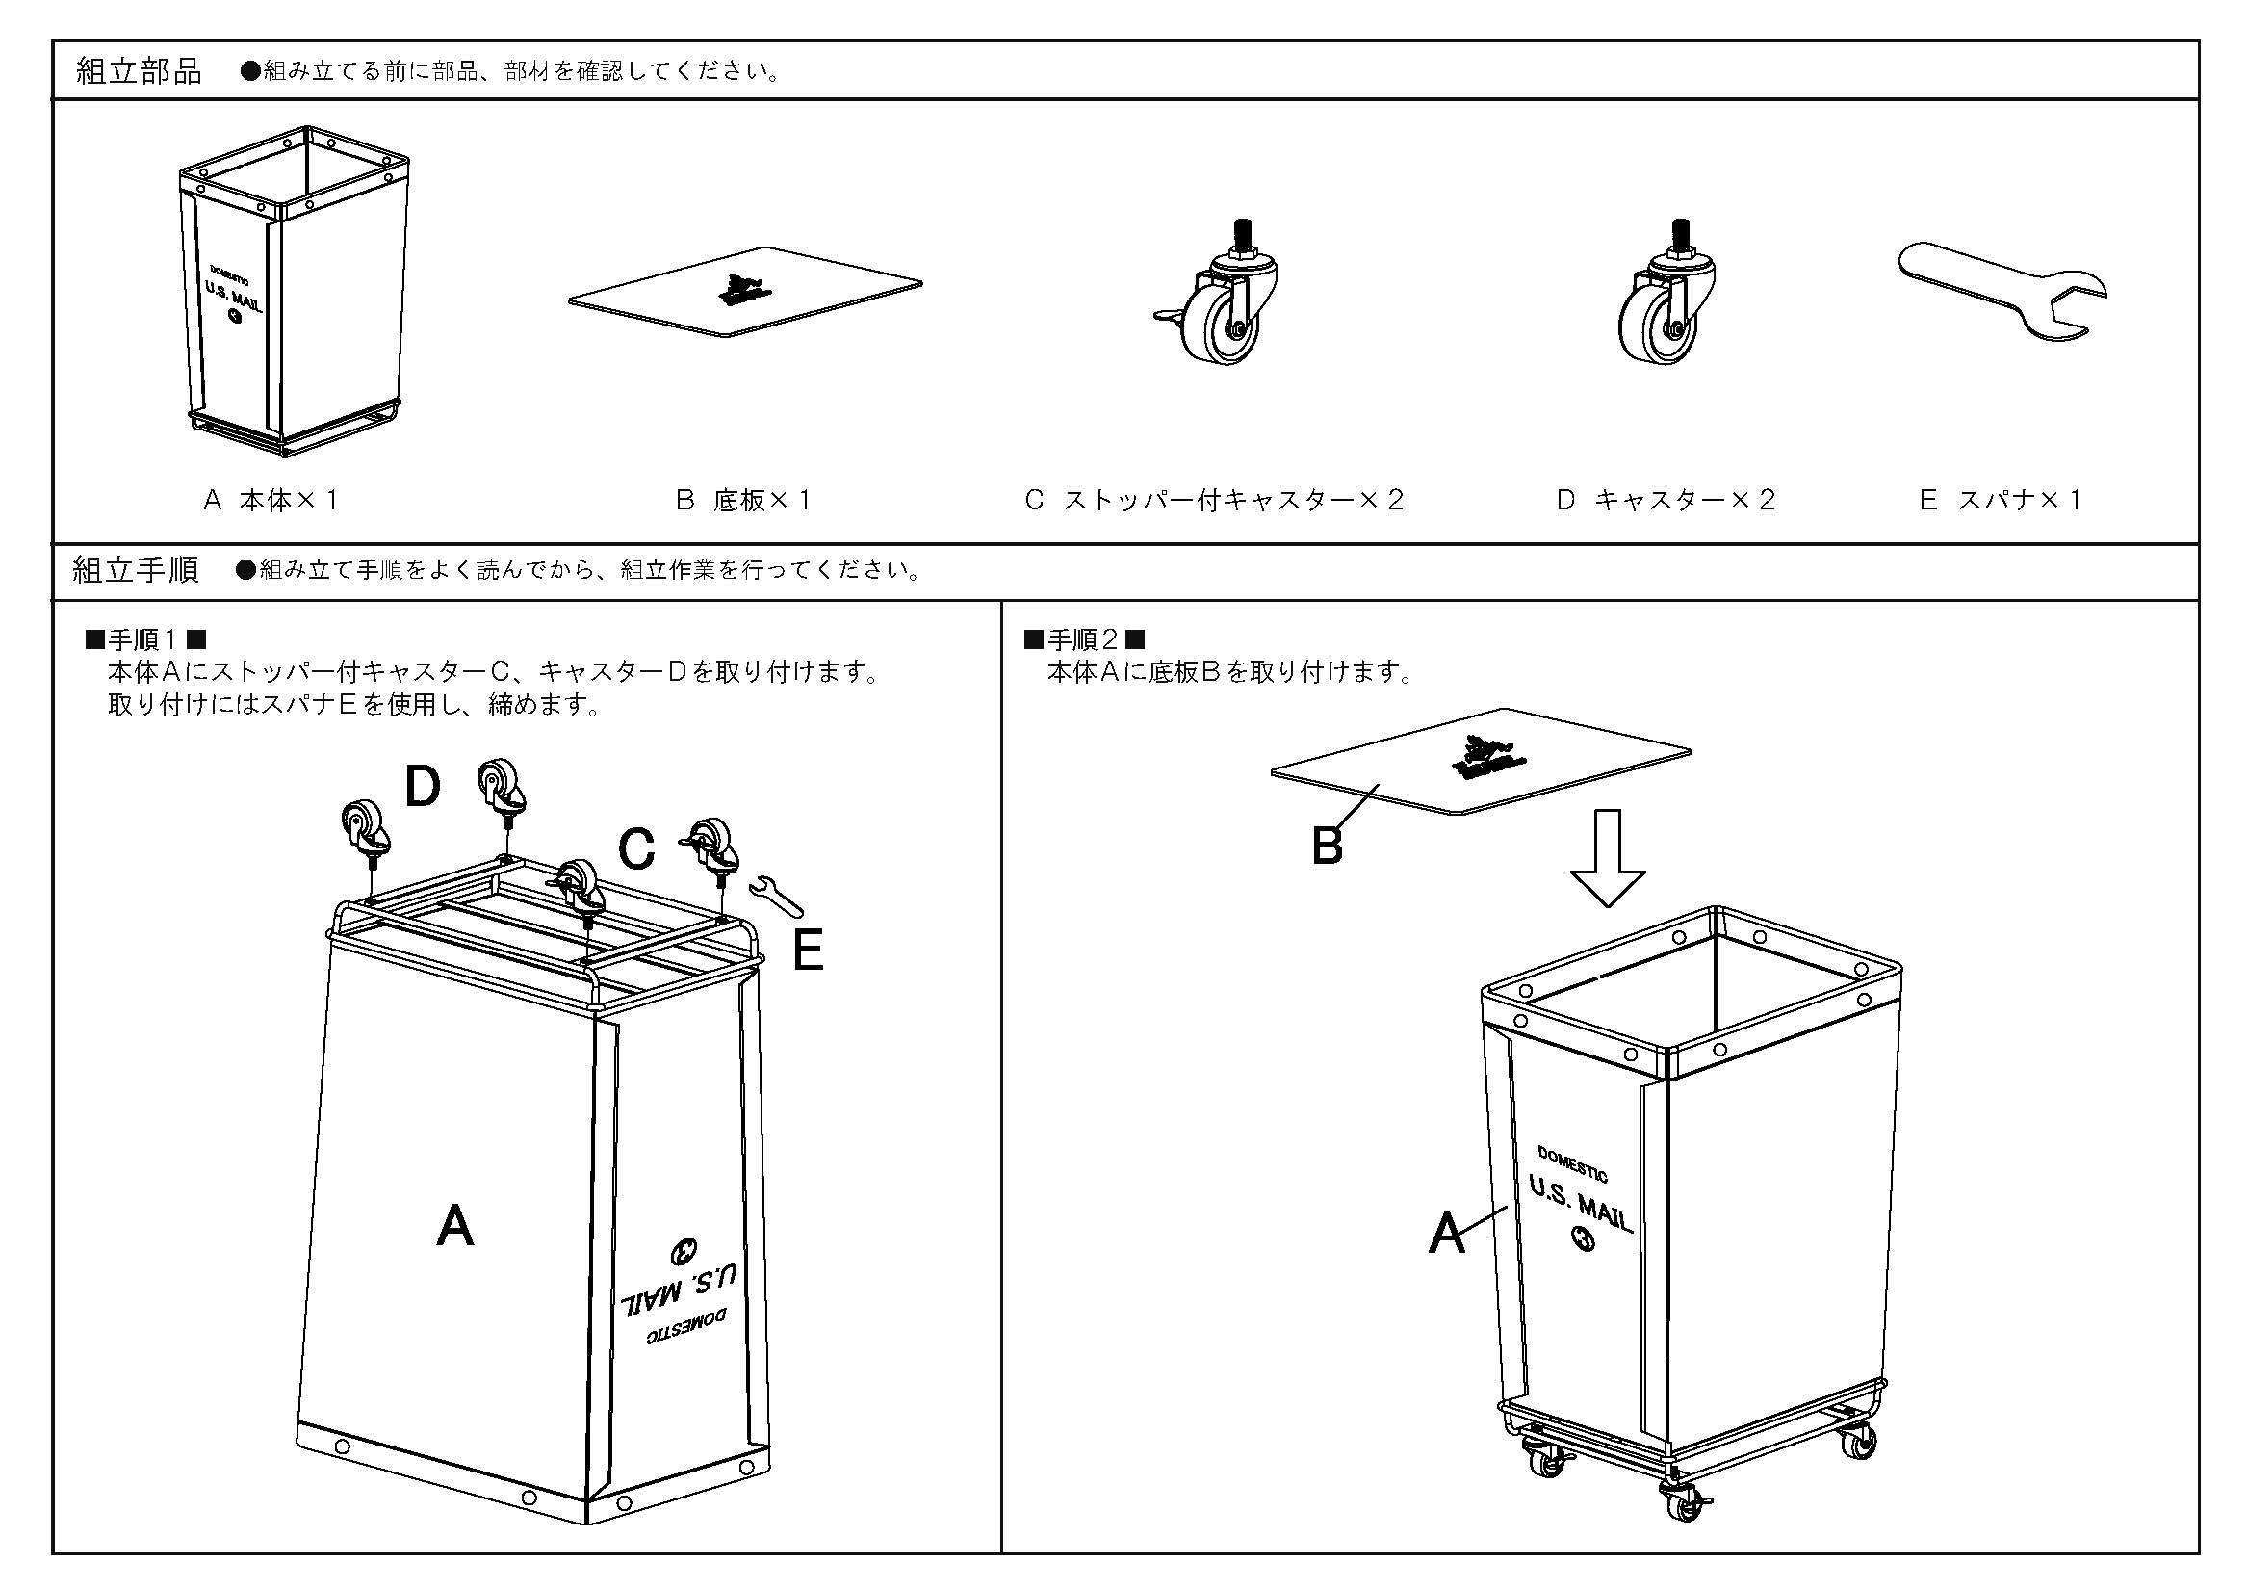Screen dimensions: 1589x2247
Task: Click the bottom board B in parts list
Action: point(744,292)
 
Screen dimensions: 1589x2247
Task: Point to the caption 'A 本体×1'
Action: point(271,501)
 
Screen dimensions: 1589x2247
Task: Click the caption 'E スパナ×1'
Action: point(2001,501)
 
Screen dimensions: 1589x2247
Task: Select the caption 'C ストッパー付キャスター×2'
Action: point(1214,501)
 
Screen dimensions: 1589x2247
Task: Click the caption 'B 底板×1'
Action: point(744,501)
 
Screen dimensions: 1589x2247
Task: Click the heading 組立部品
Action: point(139,71)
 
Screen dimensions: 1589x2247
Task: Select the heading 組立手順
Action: point(137,570)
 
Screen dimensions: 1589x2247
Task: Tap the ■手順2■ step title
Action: point(1084,641)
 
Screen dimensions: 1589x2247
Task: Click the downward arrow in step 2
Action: point(1607,857)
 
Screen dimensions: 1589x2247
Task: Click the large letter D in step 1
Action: point(423,787)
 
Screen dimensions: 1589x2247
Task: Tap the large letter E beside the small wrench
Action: point(808,950)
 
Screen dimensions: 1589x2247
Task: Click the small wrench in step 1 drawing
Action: point(776,896)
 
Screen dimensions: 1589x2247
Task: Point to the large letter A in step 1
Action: point(455,1226)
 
